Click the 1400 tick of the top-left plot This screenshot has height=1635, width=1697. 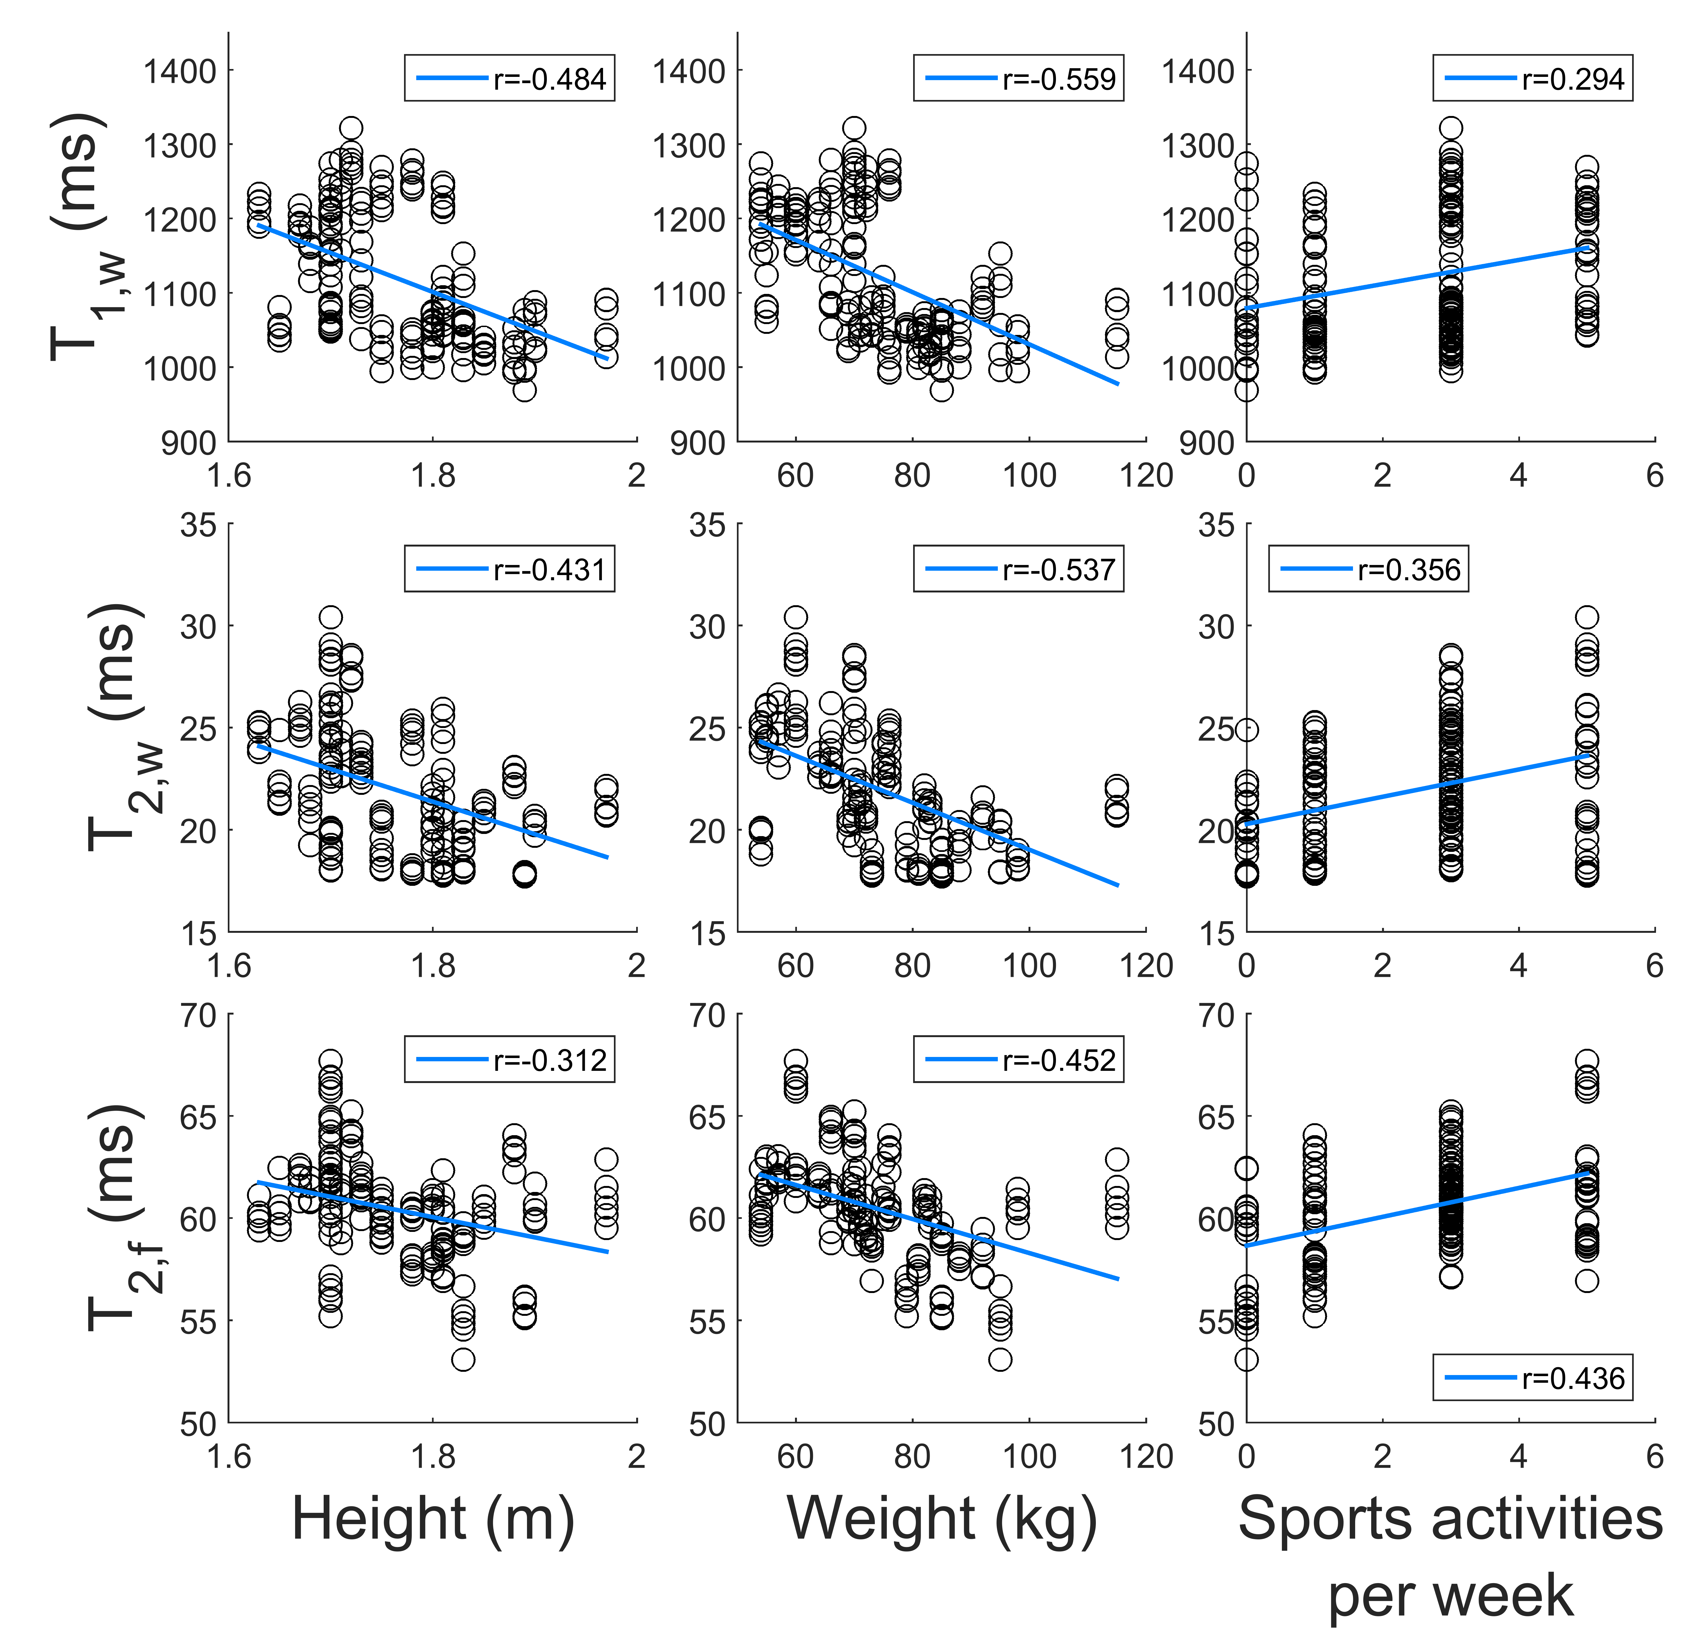point(180,71)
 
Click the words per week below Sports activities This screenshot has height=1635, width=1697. point(1450,1596)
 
